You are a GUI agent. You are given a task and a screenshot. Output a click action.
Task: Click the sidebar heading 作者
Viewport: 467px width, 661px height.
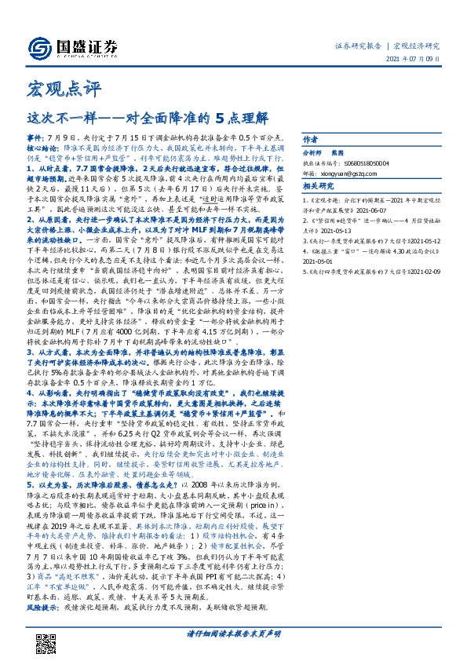pyautogui.click(x=311, y=134)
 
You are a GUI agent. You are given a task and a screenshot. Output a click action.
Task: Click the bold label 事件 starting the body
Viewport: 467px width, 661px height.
pyautogui.click(x=36, y=136)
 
